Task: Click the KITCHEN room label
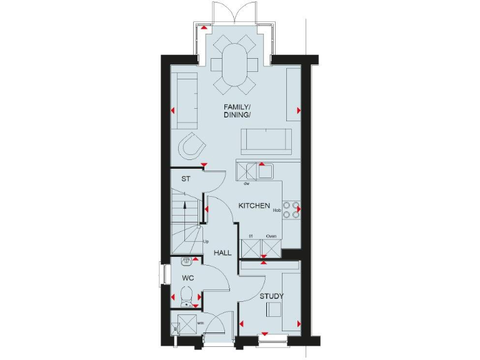click(x=254, y=206)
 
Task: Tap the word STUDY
click(x=272, y=296)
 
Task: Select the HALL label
click(x=222, y=253)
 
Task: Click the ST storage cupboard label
click(x=186, y=179)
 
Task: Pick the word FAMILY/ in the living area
click(x=237, y=106)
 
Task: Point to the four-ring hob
click(x=291, y=209)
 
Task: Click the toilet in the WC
click(x=186, y=294)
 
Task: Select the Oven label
click(x=271, y=236)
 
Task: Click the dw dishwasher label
click(x=247, y=184)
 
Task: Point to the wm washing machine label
click(x=201, y=322)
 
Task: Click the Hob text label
click(x=276, y=211)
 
